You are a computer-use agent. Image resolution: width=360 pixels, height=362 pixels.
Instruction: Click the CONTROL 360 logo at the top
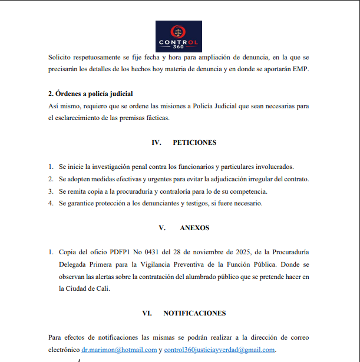coord(179,36)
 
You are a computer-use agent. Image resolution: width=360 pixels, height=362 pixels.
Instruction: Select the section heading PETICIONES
coord(194,142)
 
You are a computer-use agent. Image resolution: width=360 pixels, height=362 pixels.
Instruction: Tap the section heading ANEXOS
coord(195,228)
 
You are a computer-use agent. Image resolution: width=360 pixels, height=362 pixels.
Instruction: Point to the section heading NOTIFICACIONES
coord(194,313)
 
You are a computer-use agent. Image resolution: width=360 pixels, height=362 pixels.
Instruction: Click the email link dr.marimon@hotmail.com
coord(119,350)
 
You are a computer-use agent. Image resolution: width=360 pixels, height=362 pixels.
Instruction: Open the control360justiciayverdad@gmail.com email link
coord(220,350)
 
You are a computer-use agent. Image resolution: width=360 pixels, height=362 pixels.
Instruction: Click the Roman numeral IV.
coord(156,142)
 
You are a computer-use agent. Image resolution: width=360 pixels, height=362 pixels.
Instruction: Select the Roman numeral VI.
coord(147,313)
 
